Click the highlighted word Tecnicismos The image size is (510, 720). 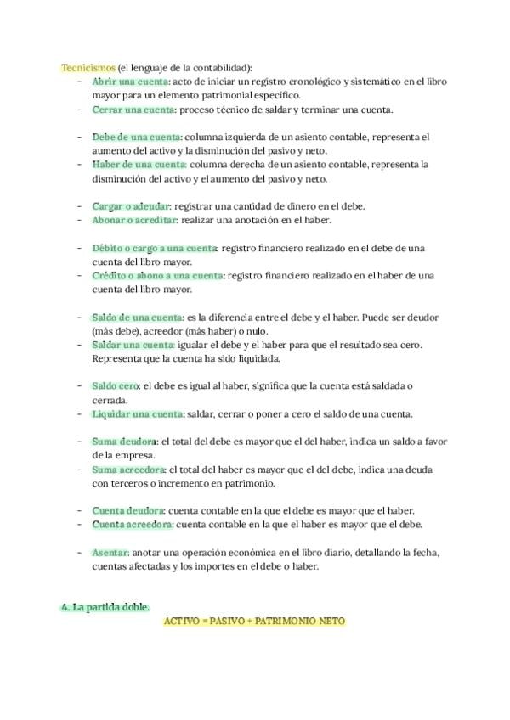click(x=88, y=67)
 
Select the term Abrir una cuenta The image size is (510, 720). click(x=130, y=81)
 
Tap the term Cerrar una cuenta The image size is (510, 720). click(x=133, y=110)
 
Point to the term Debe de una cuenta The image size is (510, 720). click(x=136, y=137)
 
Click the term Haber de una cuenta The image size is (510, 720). click(x=139, y=165)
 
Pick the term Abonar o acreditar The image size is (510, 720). click(x=133, y=220)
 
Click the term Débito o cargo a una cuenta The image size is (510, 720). click(x=154, y=248)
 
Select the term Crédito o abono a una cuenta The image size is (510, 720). click(x=158, y=276)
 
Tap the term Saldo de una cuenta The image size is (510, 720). click(x=137, y=317)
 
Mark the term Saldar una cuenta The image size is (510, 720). click(x=133, y=345)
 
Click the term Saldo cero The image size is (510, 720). click(x=116, y=386)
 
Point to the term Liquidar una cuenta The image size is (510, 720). click(x=137, y=414)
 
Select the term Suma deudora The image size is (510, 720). click(x=124, y=442)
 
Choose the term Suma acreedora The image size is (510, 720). click(x=129, y=469)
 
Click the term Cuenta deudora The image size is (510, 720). click(x=128, y=510)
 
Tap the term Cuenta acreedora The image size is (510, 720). click(x=133, y=525)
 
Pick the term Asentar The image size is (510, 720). click(x=110, y=552)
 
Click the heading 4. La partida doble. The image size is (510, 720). click(x=106, y=607)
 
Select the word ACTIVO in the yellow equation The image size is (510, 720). click(x=184, y=622)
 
